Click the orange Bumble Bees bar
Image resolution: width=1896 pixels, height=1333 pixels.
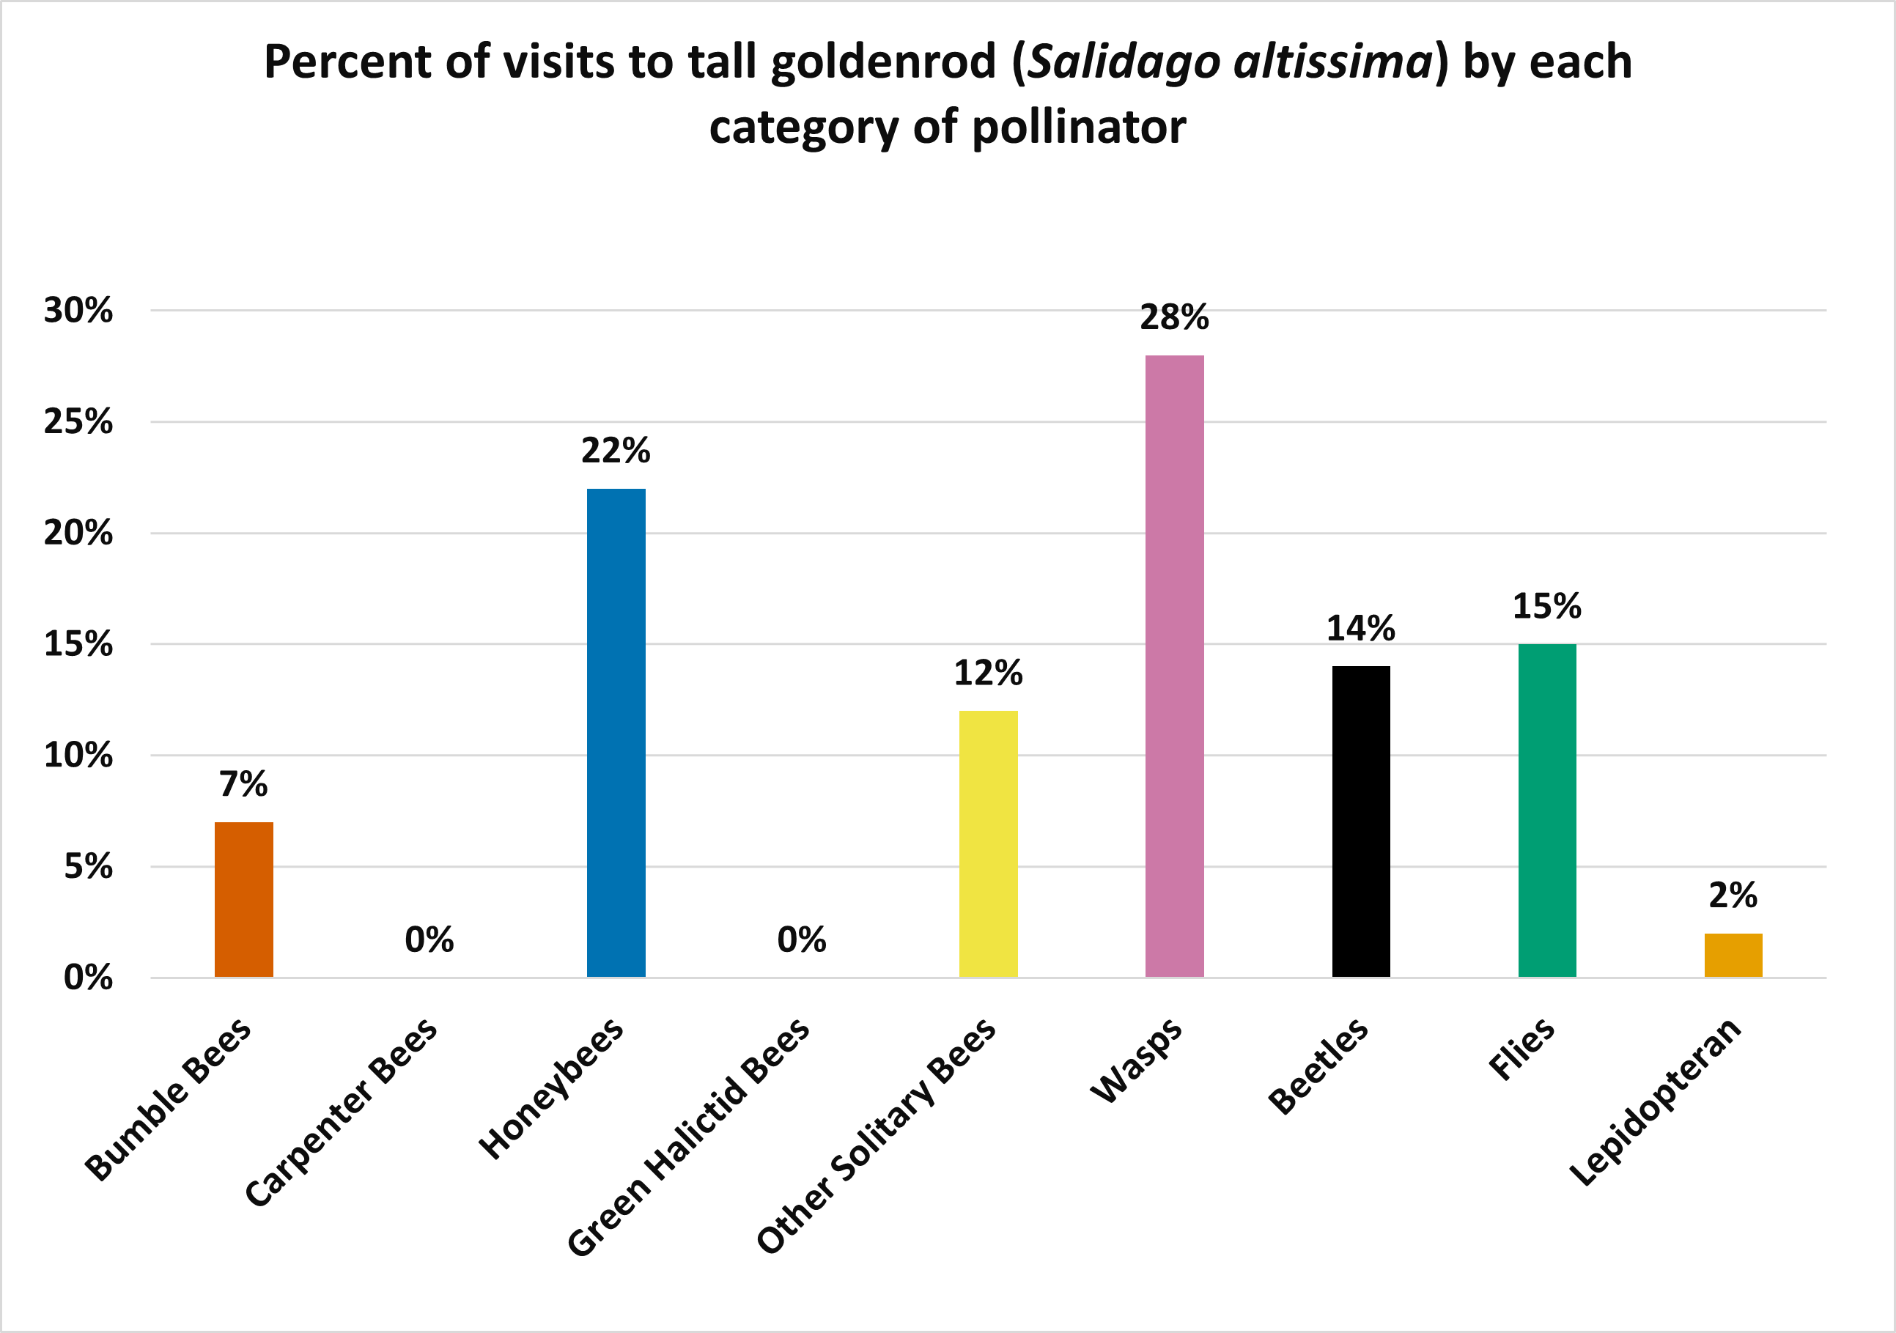pos(243,899)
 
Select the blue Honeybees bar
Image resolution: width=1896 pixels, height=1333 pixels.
pos(616,733)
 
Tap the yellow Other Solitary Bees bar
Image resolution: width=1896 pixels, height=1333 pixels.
pos(988,843)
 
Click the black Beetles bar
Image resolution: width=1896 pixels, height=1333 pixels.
pos(1361,821)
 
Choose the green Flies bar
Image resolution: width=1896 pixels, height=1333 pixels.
pos(1546,810)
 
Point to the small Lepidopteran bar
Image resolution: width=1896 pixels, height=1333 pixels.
pos(1733,955)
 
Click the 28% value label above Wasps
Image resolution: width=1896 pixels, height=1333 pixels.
pos(1174,318)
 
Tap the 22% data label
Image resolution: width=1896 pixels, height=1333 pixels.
pos(616,451)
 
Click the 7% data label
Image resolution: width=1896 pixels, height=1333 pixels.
pos(243,784)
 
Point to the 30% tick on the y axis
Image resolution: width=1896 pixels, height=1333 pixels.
pos(78,311)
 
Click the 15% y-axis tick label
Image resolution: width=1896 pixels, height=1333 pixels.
pos(78,644)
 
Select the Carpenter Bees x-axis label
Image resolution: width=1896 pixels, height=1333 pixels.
pos(341,1113)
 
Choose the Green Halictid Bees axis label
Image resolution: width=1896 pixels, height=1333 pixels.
pos(689,1137)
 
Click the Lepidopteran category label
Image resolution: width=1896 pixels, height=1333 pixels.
pos(1655,1103)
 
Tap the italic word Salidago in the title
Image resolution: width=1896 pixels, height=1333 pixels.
pos(1123,63)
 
